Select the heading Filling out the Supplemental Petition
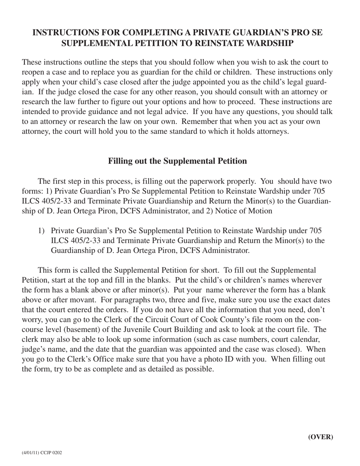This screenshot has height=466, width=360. pyautogui.click(x=177, y=161)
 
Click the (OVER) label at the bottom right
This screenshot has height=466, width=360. pyautogui.click(x=321, y=437)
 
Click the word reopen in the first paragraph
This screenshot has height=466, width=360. pyautogui.click(x=34, y=72)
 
